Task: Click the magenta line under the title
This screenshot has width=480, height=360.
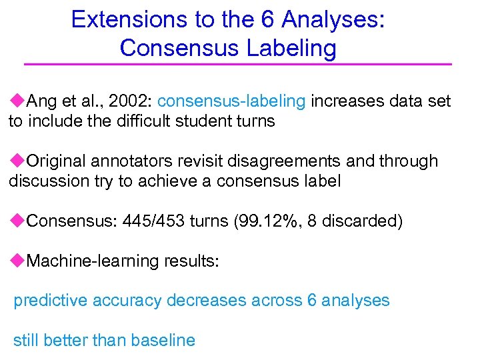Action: coord(238,64)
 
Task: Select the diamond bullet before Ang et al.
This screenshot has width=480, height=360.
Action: coord(17,101)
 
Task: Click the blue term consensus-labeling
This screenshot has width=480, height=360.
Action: coord(232,101)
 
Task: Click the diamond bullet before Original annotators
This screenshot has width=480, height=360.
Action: coord(17,161)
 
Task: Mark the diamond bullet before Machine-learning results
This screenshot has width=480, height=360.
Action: coord(17,261)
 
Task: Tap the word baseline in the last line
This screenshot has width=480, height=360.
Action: coord(163,341)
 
